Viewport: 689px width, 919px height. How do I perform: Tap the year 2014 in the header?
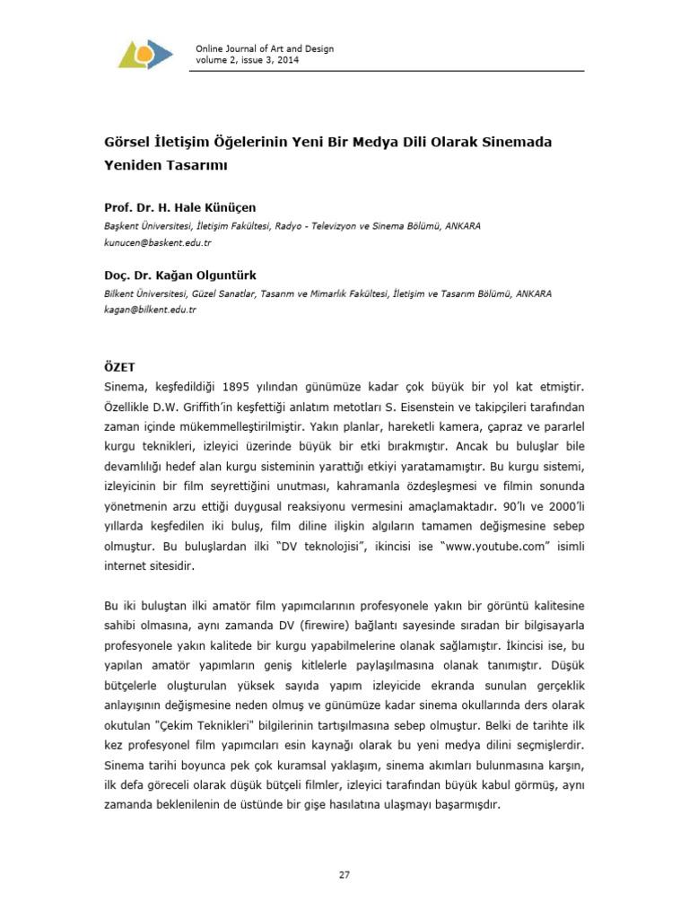point(287,60)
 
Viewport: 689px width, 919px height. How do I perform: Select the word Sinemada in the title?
point(517,144)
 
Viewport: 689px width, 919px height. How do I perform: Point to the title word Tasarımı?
point(200,165)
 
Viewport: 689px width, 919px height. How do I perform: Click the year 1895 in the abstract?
point(235,386)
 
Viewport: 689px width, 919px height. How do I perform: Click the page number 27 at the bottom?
point(344,875)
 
